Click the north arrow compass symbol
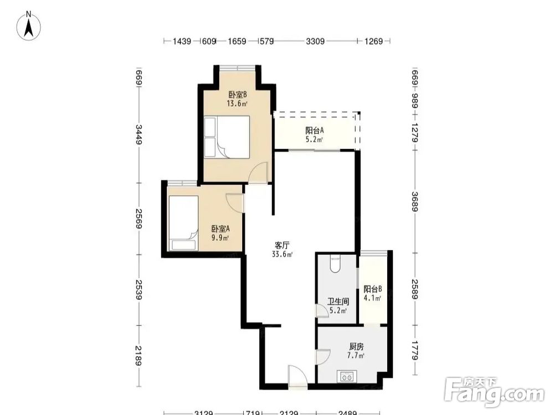29,25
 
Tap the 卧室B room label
238,95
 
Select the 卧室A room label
220,229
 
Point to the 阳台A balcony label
315,131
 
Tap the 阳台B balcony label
373,289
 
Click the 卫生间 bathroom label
338,302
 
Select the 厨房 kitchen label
356,346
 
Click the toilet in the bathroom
335,264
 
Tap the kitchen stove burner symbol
347,376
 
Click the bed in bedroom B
227,137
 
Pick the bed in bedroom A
183,223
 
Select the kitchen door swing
322,357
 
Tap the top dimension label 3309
315,41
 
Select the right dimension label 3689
415,201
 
